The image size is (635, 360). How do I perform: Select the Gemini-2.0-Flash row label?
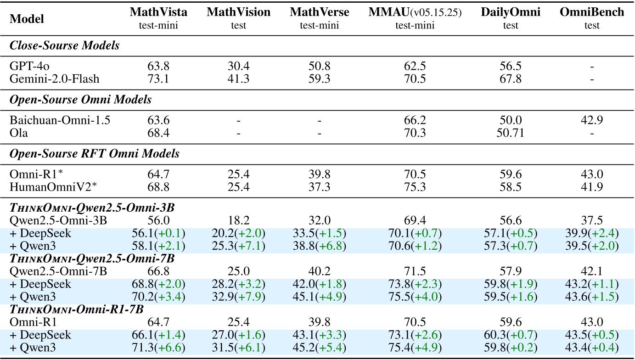point(55,79)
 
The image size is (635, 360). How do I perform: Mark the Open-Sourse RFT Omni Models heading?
point(95,154)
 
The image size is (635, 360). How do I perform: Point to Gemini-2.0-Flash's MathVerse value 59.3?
point(319,79)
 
